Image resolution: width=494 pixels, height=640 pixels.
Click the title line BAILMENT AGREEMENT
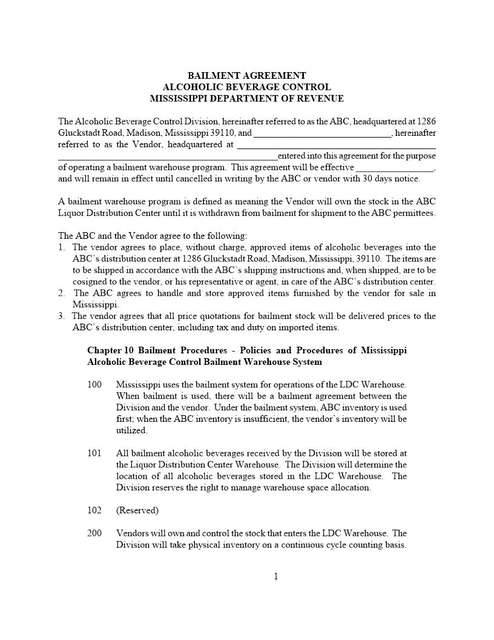coord(246,76)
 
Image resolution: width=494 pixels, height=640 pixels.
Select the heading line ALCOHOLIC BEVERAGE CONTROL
coord(246,87)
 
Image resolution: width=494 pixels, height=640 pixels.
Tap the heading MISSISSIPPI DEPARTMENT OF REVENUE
coord(246,98)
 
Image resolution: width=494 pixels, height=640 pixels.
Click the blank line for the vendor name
coord(322,133)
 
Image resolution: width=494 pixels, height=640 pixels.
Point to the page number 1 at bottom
coord(276,576)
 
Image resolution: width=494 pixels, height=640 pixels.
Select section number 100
coord(94,385)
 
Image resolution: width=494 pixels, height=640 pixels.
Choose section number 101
coord(94,453)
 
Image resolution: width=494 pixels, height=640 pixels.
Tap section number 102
coord(94,510)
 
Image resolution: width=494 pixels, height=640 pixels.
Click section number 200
coord(94,533)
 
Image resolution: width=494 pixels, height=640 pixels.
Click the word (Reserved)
coord(137,510)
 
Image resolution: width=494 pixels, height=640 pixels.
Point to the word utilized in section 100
coord(131,430)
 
